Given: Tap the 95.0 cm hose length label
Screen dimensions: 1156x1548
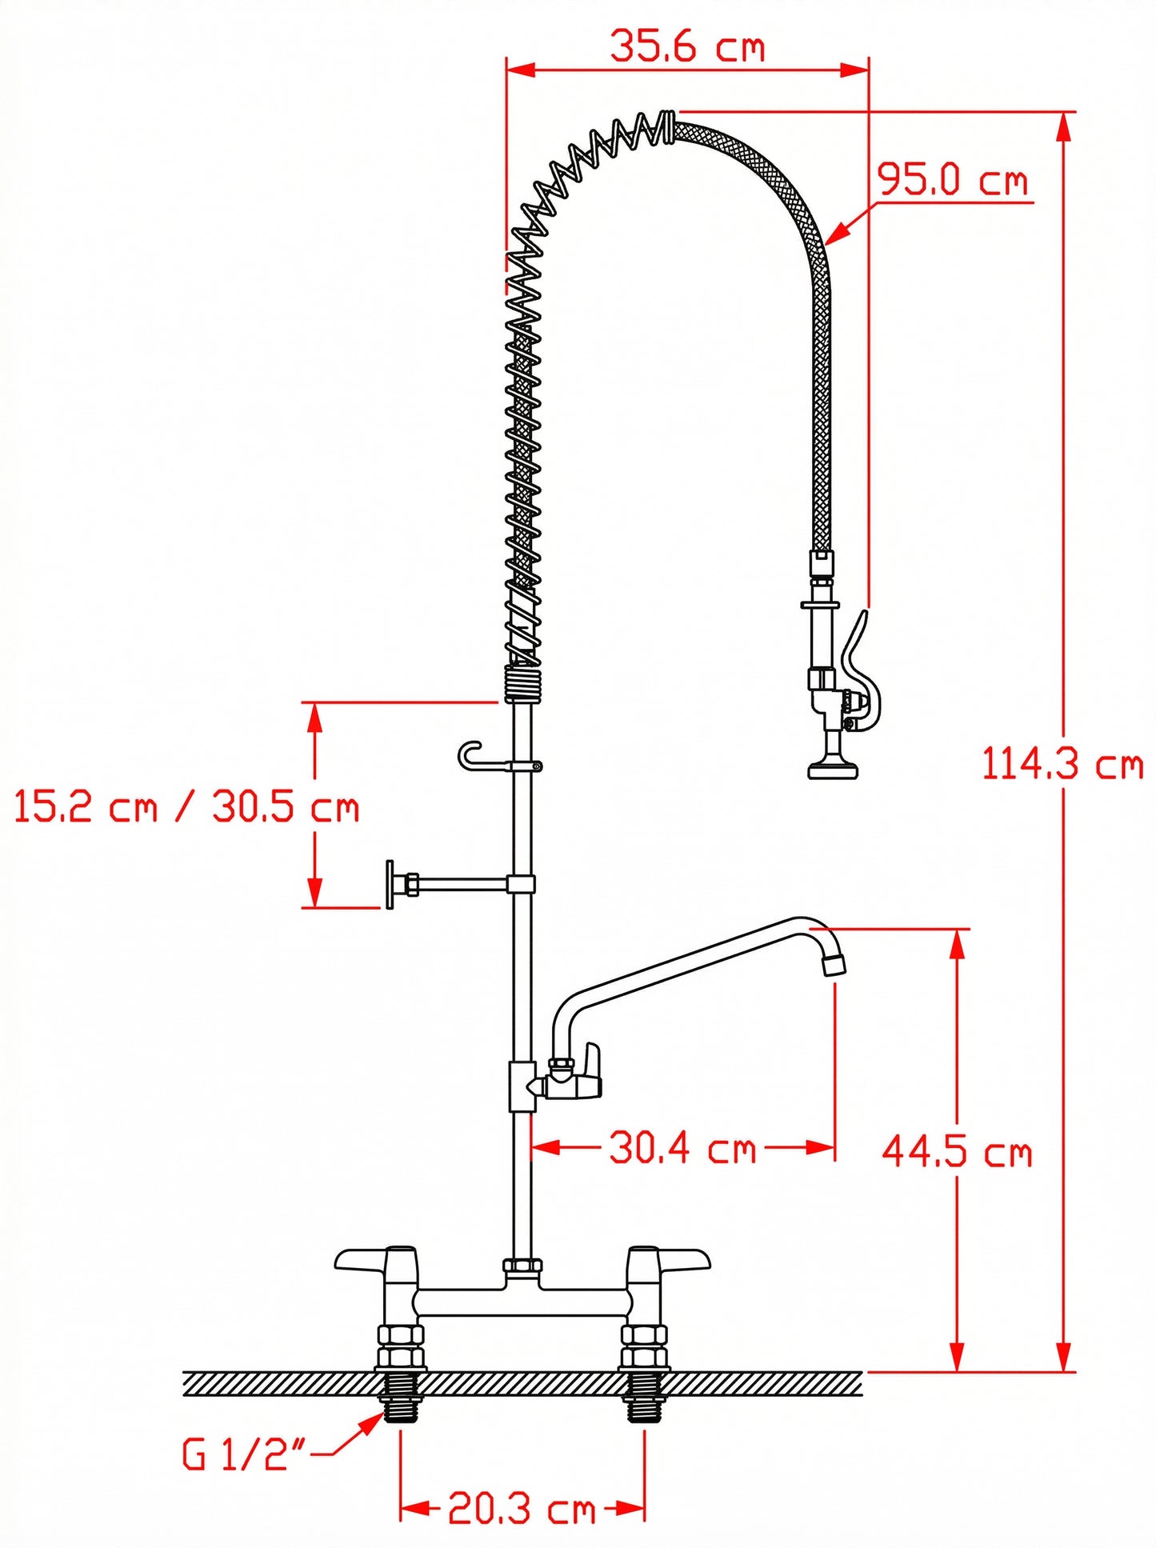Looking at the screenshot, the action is [x=952, y=179].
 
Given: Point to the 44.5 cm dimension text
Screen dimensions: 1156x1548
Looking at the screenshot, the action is [x=958, y=1152].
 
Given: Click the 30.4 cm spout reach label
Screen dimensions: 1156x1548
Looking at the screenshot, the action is [x=682, y=1147].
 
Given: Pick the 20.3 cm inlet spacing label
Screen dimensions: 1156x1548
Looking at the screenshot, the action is [x=522, y=1508].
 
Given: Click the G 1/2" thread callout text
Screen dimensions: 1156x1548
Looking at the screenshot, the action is [x=244, y=1454].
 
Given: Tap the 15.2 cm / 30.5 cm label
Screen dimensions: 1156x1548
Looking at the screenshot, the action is [x=186, y=806].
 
